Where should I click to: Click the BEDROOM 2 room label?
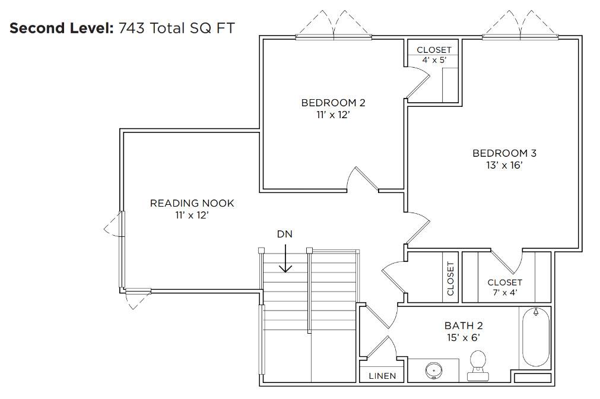(333, 103)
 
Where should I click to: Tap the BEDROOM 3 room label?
(504, 153)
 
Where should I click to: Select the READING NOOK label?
(192, 203)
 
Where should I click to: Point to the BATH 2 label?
(464, 325)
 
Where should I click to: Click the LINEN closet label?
(382, 376)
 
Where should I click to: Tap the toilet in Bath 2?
(478, 366)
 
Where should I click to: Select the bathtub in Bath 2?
(535, 337)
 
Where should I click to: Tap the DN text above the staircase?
(285, 234)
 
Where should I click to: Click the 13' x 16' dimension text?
(504, 165)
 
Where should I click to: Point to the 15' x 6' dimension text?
(464, 337)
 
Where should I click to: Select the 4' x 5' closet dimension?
(434, 60)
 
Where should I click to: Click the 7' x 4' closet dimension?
(504, 292)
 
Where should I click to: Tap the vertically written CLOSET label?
(450, 278)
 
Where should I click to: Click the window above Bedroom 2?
(334, 37)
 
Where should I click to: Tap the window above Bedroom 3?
(520, 37)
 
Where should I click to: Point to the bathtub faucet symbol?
(536, 312)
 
